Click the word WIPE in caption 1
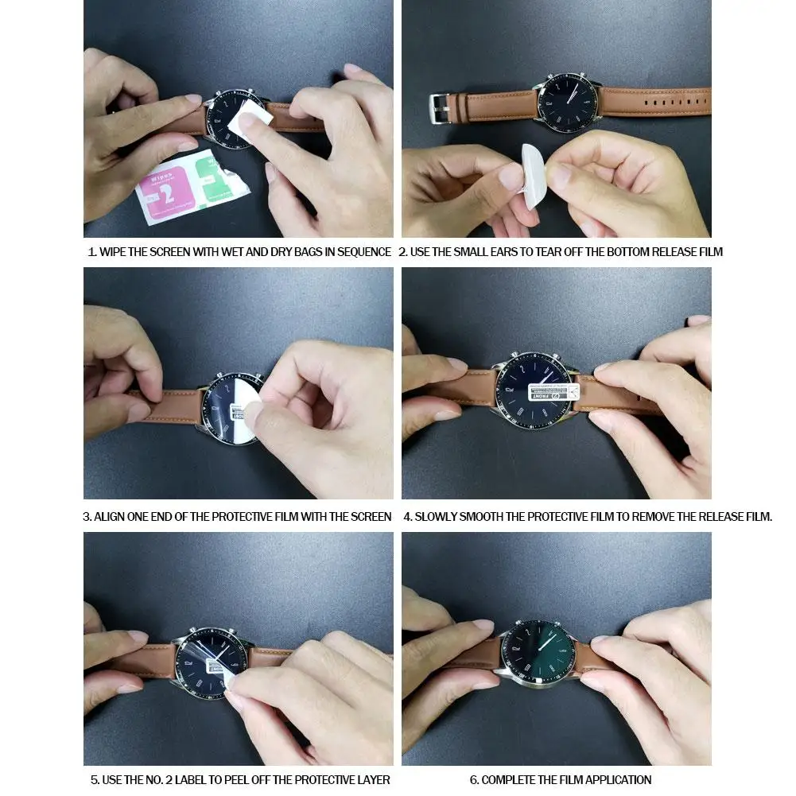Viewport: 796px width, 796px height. click(115, 252)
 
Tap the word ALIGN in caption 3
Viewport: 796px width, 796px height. click(111, 517)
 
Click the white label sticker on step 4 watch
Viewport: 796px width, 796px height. click(555, 391)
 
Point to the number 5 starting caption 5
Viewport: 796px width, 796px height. click(93, 780)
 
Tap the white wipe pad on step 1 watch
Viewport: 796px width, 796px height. click(249, 122)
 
